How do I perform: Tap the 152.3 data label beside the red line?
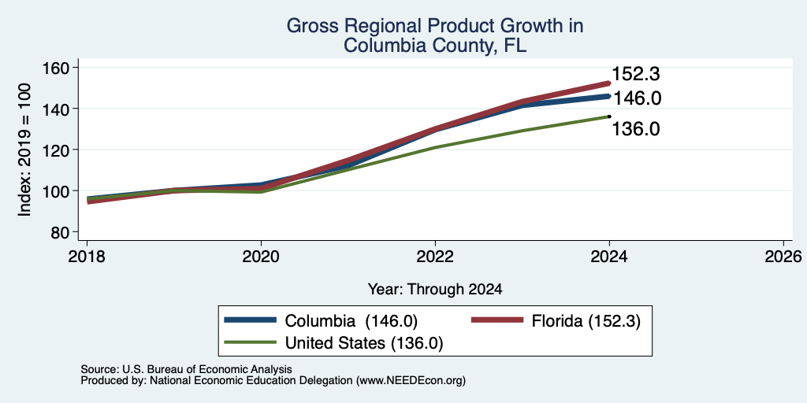coord(636,74)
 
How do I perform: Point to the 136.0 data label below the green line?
coord(636,129)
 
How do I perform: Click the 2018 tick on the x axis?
coord(87,256)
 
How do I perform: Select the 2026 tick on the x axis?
coord(783,256)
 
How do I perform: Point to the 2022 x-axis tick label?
coord(435,256)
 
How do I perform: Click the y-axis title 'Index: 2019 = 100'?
coord(24,150)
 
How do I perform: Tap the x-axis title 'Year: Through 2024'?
coord(435,290)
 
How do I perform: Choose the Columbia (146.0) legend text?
coord(351,321)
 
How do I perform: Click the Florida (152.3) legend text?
coord(586,321)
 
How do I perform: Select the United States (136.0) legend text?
coord(364,343)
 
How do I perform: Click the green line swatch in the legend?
coord(251,342)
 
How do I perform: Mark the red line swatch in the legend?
coord(497,320)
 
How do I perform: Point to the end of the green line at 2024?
coord(609,116)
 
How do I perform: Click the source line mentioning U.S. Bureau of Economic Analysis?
coord(186,369)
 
